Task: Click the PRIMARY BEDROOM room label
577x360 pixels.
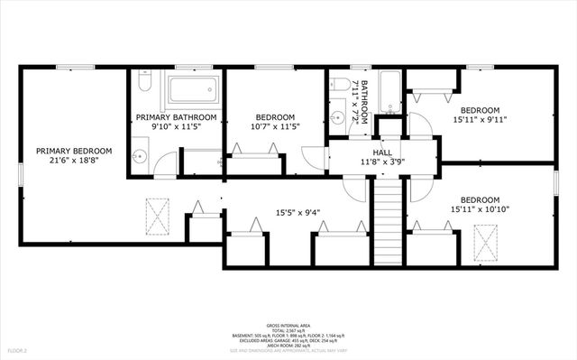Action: pyautogui.click(x=74, y=151)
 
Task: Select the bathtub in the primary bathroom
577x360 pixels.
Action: pyautogui.click(x=194, y=89)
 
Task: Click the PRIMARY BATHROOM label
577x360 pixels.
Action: pyautogui.click(x=176, y=117)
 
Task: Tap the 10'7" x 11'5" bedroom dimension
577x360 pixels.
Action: pyautogui.click(x=274, y=127)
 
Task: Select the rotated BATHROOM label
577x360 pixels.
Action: pyautogui.click(x=365, y=103)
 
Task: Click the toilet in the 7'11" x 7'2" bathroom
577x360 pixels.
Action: pyautogui.click(x=341, y=84)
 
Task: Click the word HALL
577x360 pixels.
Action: pyautogui.click(x=382, y=153)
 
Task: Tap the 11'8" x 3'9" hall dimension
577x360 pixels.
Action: pyautogui.click(x=382, y=162)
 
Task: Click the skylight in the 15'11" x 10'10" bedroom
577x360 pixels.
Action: pyautogui.click(x=485, y=239)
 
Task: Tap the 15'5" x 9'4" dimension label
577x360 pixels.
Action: pyautogui.click(x=298, y=214)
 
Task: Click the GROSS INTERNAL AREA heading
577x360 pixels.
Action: pyautogui.click(x=288, y=325)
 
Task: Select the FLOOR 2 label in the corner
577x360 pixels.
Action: pyautogui.click(x=18, y=349)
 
